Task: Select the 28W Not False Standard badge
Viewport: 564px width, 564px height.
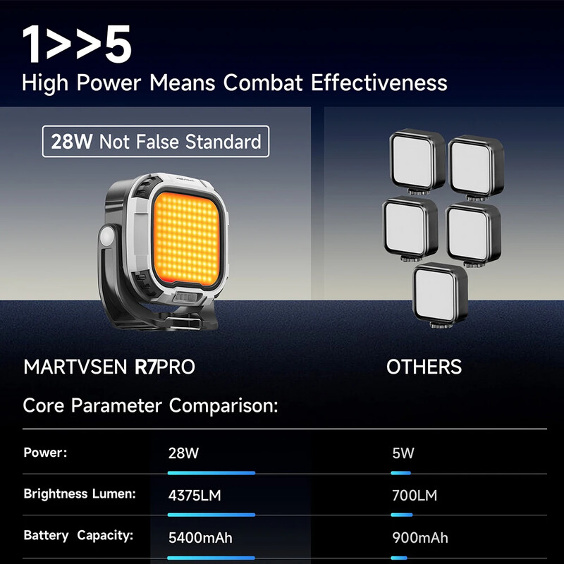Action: pos(156,141)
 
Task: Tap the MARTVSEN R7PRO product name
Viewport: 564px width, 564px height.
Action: pos(109,367)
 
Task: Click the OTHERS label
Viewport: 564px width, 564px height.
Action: pos(424,367)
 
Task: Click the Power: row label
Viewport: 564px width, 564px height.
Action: pos(45,453)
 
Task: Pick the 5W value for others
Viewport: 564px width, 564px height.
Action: pos(403,453)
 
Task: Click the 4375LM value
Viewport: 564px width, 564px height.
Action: pos(195,496)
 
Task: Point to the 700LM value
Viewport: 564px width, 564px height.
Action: pos(415,496)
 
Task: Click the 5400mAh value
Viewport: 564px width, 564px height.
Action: pos(200,539)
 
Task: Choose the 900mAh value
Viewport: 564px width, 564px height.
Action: pos(420,539)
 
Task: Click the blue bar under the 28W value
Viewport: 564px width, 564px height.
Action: pos(211,473)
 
